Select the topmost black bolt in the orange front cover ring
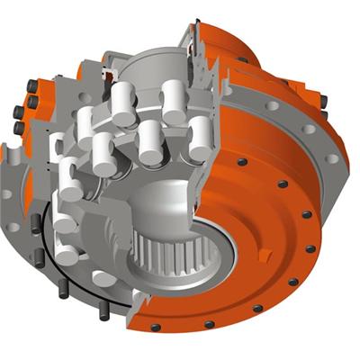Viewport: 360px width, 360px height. (x=241, y=163)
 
